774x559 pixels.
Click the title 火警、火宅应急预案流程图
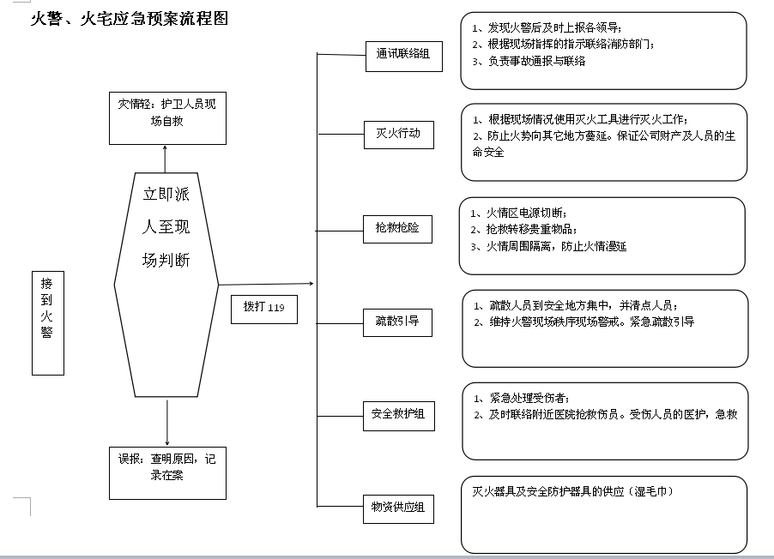coord(130,19)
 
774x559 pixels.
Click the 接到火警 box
coord(48,324)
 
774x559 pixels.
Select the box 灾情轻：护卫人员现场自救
coord(167,117)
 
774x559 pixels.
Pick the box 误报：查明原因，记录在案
coord(167,472)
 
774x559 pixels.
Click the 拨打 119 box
coord(263,308)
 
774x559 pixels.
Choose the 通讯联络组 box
coord(403,57)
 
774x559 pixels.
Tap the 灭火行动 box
coord(398,135)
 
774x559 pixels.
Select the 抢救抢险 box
coord(397,229)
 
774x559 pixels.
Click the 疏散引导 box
coord(397,322)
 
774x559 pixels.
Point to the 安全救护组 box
coord(398,415)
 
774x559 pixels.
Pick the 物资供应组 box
coord(398,508)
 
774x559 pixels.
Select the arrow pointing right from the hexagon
coord(266,284)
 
